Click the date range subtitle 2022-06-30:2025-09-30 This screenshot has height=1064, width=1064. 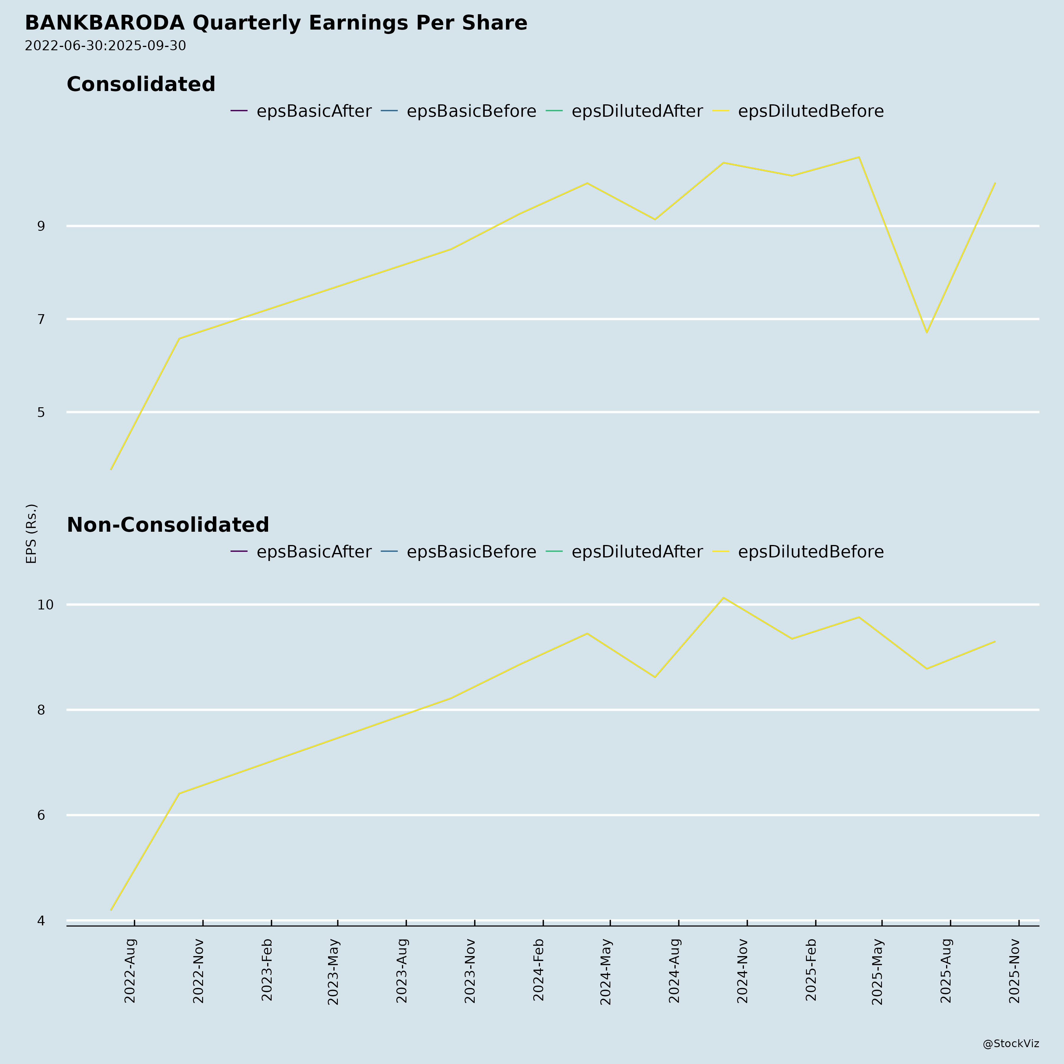[105, 46]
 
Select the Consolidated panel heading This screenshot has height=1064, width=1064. [141, 84]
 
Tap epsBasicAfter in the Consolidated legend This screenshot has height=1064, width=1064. [313, 111]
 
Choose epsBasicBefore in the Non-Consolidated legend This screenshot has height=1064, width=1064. [471, 552]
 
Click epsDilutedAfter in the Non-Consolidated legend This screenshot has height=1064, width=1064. [637, 552]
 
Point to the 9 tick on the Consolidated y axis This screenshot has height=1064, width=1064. [41, 226]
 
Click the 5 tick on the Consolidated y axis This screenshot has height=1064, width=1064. [41, 412]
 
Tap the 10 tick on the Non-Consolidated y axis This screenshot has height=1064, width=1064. [45, 605]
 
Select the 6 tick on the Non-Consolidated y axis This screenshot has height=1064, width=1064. [41, 815]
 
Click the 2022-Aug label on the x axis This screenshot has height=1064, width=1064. [130, 970]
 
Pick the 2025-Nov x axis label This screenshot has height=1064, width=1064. [1014, 970]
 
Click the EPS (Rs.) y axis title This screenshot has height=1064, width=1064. [31, 533]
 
